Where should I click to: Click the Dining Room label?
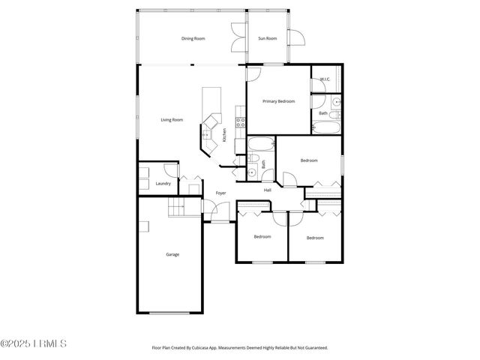coord(193,38)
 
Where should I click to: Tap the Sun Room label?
coord(267,38)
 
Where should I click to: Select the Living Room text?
coord(172,120)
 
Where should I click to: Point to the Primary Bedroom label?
coord(278,101)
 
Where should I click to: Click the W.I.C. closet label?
coord(325,79)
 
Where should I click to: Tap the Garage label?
coord(172,254)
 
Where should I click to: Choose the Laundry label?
coord(163,184)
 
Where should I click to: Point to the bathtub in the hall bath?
coord(262,144)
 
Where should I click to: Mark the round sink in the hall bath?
coord(253,172)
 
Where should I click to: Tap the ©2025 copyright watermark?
coord(34,344)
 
